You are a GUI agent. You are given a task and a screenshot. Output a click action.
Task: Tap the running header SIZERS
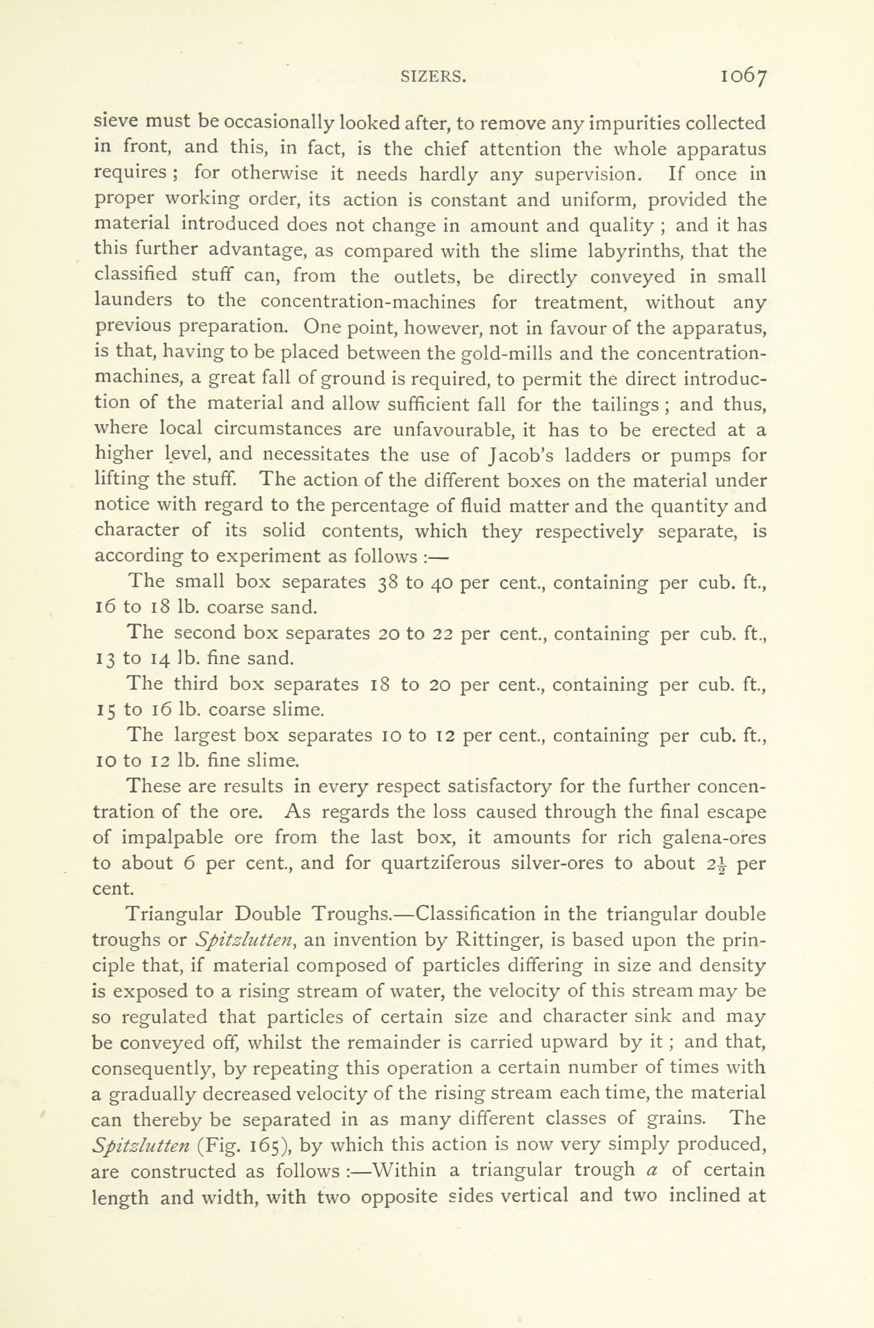pyautogui.click(x=433, y=77)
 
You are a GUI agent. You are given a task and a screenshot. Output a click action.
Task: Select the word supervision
pyautogui.click(x=585, y=175)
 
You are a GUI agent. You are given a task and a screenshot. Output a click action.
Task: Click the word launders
pyautogui.click(x=133, y=302)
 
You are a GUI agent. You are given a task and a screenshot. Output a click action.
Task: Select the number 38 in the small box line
pyautogui.click(x=388, y=582)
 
